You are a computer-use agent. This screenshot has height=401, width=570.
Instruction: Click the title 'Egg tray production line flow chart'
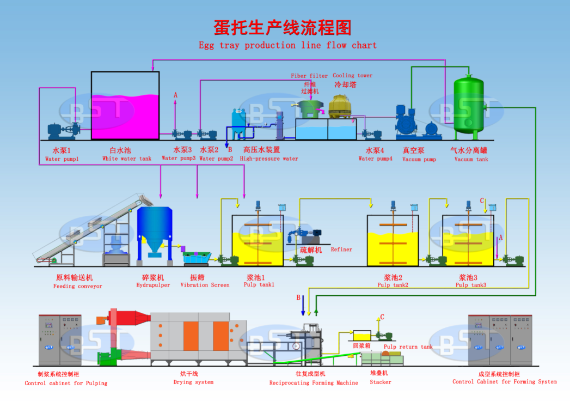point(287,45)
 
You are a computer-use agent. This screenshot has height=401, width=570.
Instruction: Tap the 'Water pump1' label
point(62,159)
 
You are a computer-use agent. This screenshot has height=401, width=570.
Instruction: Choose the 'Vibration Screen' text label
point(205,285)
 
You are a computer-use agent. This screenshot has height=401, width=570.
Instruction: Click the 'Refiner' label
point(341,250)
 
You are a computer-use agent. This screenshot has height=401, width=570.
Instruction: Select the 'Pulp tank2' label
point(393,285)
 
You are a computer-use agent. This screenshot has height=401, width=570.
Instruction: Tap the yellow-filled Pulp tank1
point(258,248)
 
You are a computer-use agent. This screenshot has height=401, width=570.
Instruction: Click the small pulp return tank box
point(362,336)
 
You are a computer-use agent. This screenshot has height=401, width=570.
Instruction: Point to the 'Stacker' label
point(381,382)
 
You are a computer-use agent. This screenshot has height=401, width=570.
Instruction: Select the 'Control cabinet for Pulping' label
point(66,383)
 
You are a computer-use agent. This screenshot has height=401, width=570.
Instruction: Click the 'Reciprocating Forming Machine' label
point(314,383)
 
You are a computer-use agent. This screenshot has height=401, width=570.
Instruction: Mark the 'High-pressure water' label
point(269,159)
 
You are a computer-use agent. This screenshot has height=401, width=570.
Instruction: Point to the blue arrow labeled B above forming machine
point(303,307)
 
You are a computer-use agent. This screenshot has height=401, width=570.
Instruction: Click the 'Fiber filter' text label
point(309,76)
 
